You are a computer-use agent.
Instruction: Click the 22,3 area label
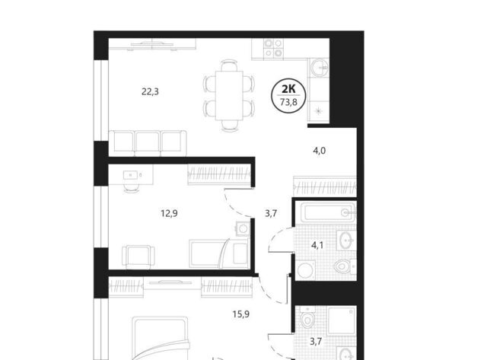coord(150,91)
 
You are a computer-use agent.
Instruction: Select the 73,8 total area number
coord(288,102)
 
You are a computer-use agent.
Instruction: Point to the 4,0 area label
coord(319,151)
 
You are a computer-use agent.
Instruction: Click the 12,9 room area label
coord(169,213)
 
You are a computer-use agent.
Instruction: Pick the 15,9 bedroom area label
coord(241,314)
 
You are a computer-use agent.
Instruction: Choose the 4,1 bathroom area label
coord(317,245)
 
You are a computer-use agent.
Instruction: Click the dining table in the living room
coord(229,95)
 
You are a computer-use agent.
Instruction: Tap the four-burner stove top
coord(273,49)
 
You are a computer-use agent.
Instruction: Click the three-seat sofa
coord(148,143)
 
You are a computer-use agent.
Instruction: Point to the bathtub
coord(328,212)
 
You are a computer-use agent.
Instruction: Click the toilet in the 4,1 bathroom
coord(342,266)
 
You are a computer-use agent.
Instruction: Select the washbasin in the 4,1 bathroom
coord(345,240)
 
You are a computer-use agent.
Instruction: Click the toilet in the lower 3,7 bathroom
coord(307,317)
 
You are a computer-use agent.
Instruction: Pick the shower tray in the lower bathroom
coord(342,321)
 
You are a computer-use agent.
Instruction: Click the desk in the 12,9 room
coord(131,175)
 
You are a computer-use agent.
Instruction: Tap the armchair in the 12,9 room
coord(138,257)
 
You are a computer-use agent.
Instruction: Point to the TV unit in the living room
coord(152,44)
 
